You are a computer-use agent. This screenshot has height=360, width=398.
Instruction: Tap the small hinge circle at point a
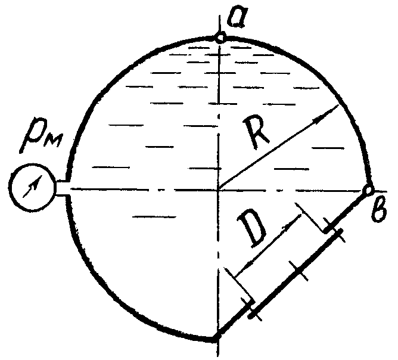(x=220, y=38)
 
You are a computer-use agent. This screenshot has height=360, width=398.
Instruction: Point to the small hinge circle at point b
(x=368, y=190)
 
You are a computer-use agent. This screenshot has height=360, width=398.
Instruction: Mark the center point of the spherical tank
(x=220, y=189)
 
